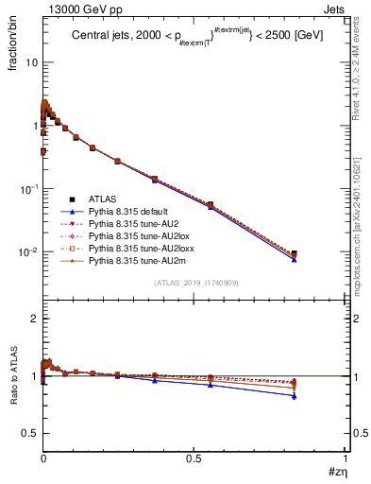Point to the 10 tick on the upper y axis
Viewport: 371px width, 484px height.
(x=31, y=61)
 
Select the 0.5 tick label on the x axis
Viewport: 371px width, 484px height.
(x=194, y=457)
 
